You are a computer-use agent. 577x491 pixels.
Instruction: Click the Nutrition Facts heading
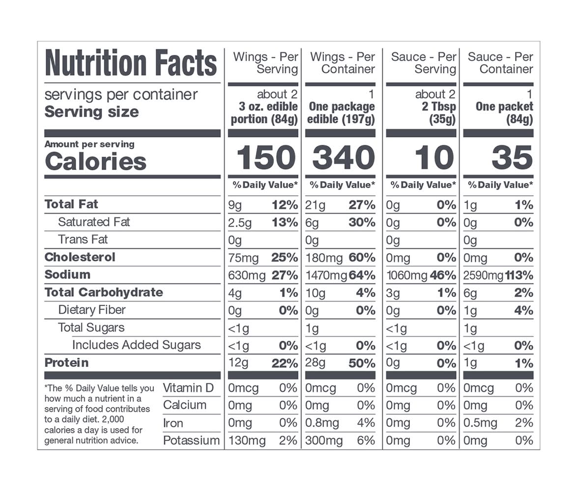[x=131, y=63]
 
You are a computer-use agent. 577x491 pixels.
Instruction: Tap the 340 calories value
[x=344, y=158]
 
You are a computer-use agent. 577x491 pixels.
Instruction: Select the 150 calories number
[x=266, y=158]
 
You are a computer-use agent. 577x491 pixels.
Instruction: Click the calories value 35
[x=512, y=158]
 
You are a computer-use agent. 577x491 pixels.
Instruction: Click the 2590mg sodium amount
[x=483, y=275]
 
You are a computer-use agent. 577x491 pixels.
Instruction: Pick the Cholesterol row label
[x=80, y=257]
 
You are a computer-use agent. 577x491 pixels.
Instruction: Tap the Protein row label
[x=67, y=363]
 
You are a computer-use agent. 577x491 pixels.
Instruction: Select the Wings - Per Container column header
[x=343, y=63]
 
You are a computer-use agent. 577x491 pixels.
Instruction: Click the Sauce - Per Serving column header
[x=424, y=63]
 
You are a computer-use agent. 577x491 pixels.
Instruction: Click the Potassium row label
[x=191, y=440]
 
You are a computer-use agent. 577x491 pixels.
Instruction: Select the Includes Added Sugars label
[x=137, y=345]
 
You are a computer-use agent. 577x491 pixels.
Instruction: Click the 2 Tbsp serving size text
[x=439, y=107]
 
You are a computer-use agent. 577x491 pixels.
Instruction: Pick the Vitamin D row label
[x=188, y=388]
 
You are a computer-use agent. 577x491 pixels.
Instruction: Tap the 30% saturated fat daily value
[x=362, y=222]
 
